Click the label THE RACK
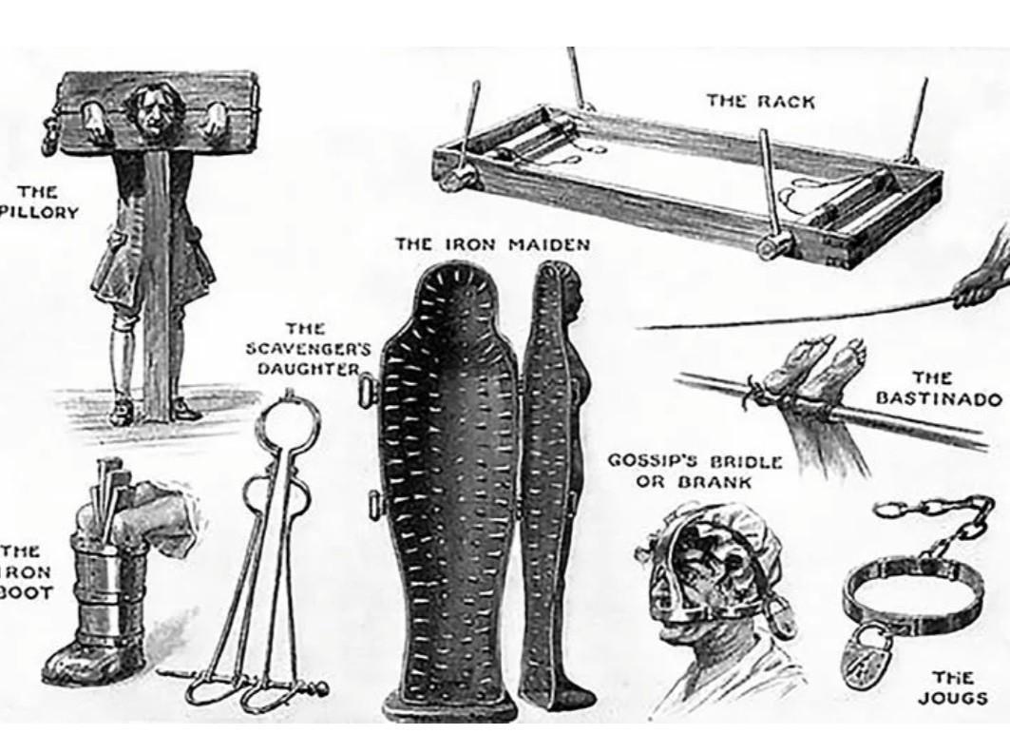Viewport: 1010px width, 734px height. coord(761,101)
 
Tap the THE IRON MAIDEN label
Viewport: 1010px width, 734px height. coord(493,245)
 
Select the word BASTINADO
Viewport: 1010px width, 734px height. coord(939,399)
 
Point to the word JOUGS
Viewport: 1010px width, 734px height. coord(953,698)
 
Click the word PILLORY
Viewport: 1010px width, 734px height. coord(39,212)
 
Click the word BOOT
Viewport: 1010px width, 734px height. coord(26,591)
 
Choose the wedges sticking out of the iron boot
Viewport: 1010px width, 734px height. coord(107,490)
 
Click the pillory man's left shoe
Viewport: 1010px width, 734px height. coord(182,410)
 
